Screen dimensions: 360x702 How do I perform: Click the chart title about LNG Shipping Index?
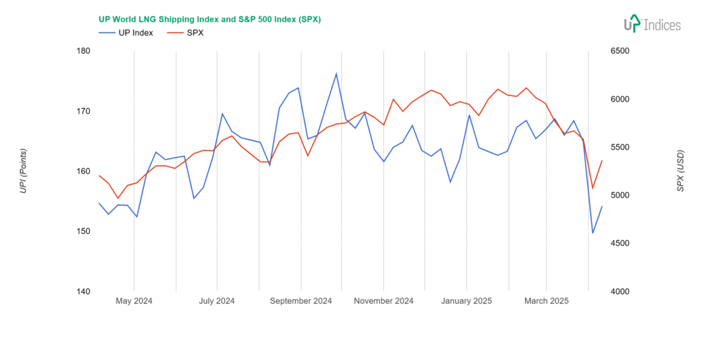210,19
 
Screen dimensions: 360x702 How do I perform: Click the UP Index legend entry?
126,32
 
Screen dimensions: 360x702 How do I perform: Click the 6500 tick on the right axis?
609,51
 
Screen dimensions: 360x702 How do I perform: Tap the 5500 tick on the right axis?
609,147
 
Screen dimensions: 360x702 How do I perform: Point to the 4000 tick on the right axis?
609,291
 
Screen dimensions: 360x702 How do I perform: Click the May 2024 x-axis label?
134,301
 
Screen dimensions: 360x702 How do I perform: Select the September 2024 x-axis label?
300,301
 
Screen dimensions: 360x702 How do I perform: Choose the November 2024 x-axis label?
383,301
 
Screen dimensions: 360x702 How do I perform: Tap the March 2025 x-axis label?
546,301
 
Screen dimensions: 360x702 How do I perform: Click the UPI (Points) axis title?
23,171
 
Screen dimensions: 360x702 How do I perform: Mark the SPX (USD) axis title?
680,171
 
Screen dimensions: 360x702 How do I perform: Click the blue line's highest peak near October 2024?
336,73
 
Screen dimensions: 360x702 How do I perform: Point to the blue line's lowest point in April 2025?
593,233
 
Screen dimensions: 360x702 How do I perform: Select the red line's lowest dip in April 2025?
593,189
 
